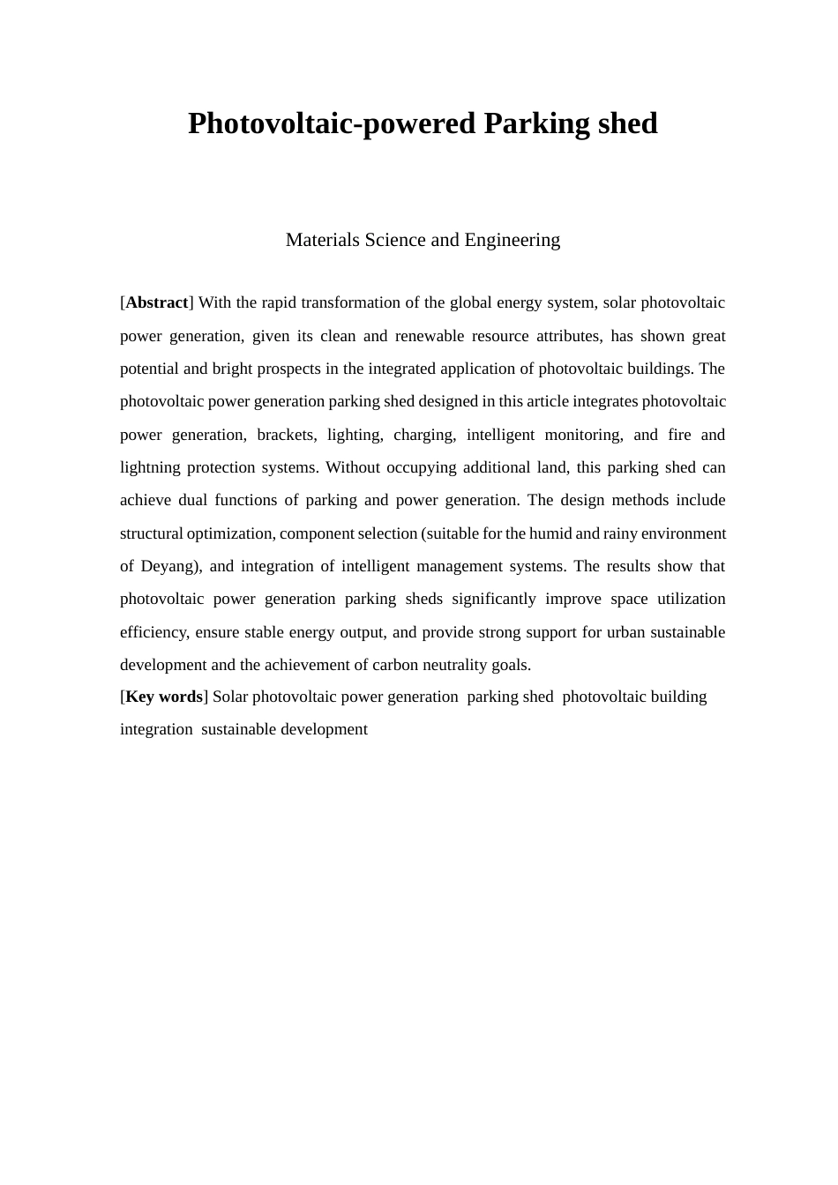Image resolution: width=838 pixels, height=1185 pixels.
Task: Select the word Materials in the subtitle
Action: [323, 240]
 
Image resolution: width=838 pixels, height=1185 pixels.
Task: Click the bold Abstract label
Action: [157, 302]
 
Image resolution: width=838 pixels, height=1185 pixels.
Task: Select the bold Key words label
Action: [164, 697]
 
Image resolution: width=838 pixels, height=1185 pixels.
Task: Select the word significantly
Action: [493, 599]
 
